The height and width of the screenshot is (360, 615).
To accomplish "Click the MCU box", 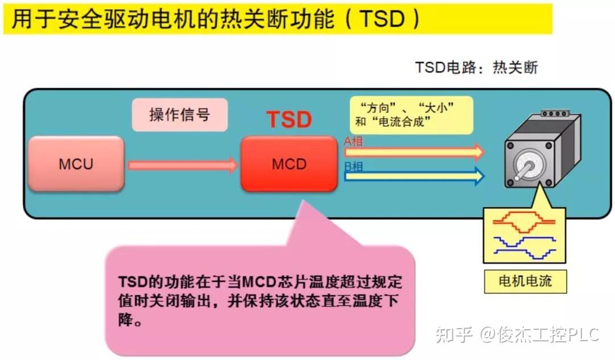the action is [x=76, y=164].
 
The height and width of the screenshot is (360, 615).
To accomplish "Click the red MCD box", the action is [x=289, y=164].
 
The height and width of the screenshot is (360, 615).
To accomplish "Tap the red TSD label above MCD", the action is [x=289, y=120].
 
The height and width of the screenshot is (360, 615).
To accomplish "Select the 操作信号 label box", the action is [x=180, y=114].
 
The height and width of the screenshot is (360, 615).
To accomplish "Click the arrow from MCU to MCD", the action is [x=182, y=165].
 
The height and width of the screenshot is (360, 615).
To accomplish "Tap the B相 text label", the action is [x=354, y=167].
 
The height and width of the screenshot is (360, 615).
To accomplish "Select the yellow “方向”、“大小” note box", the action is [x=411, y=114].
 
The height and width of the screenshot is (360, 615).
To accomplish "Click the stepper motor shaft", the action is [x=527, y=169].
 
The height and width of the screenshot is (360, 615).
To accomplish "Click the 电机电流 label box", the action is [x=525, y=281].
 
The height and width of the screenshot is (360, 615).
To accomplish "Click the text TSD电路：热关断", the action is [x=476, y=68].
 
